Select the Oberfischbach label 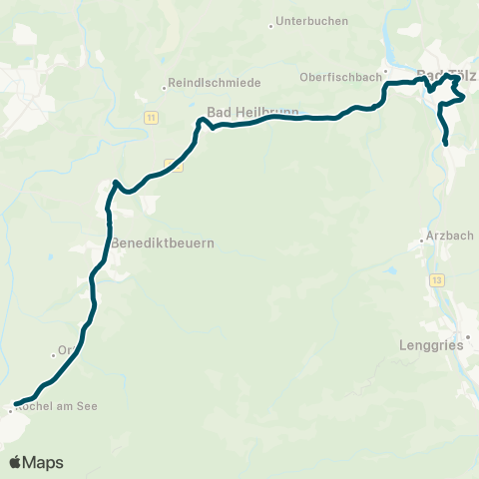339,76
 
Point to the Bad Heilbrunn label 246,112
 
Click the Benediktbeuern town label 163,242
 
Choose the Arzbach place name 446,236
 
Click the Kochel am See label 57,408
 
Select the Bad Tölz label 445,75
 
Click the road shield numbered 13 437,280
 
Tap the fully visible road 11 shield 150,118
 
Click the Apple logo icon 15,462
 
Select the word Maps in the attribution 43,462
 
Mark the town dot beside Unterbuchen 270,26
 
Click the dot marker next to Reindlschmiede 165,87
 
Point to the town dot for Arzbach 421,239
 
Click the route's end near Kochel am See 17,403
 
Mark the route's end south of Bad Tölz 445,144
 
